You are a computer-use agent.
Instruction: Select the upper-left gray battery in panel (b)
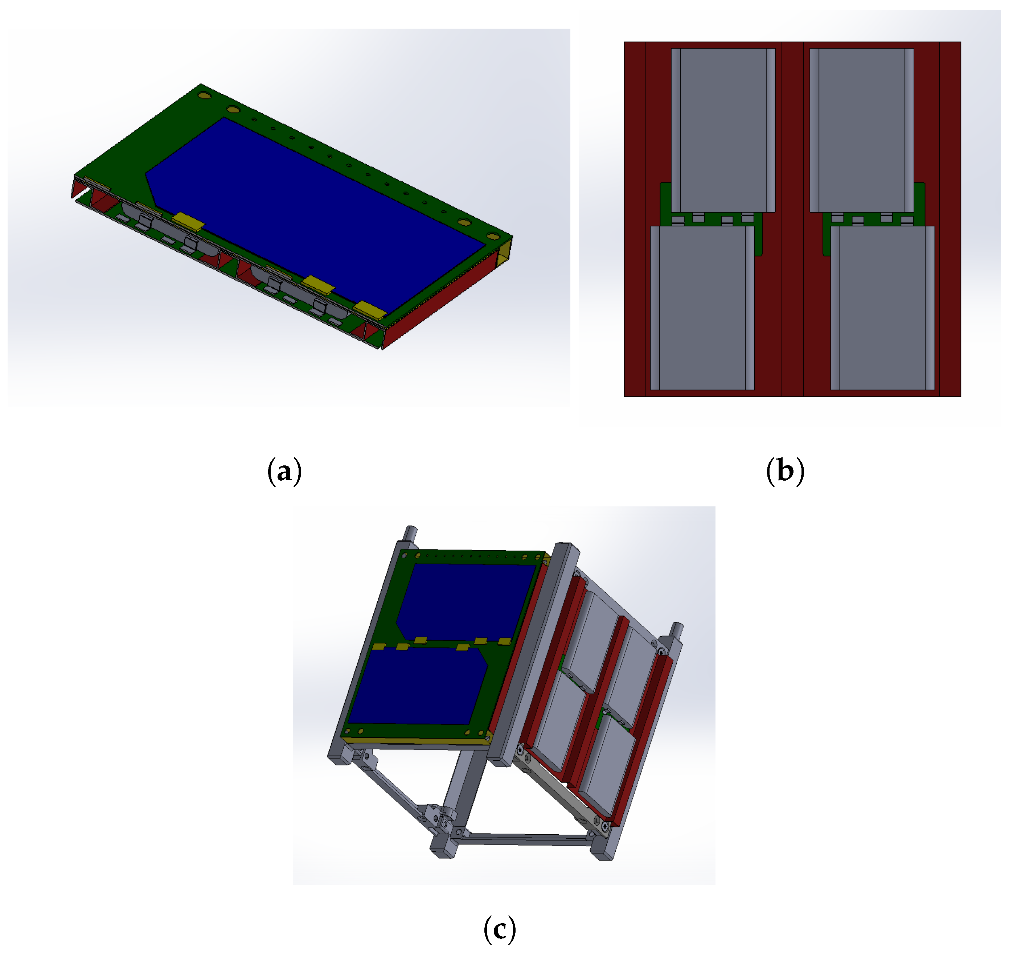(723, 131)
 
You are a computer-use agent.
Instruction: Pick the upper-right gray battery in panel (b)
(862, 131)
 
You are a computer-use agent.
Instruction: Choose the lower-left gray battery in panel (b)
(702, 308)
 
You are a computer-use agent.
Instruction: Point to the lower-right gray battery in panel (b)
(882, 308)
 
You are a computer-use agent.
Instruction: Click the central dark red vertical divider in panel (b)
(792, 219)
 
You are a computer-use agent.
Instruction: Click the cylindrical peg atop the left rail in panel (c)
(411, 534)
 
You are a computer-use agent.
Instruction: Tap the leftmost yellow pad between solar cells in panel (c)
(378, 646)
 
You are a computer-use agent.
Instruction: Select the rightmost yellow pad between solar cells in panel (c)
(504, 641)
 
